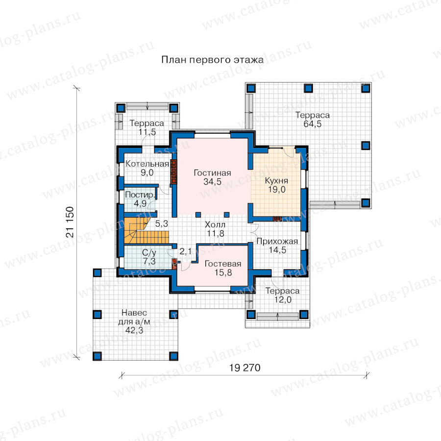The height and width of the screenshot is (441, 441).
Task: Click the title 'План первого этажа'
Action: click(212, 60)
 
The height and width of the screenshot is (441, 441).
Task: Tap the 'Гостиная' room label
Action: click(212, 172)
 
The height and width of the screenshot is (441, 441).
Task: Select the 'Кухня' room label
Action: click(276, 180)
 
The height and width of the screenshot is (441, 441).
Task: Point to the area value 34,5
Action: click(212, 182)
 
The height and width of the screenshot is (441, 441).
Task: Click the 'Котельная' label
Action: click(147, 164)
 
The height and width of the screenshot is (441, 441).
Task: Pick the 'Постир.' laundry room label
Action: click(140, 195)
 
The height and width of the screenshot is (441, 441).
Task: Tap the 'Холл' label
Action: click(215, 224)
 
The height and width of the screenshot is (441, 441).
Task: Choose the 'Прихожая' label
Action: click(277, 241)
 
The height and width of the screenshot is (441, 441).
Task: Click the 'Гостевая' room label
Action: click(223, 264)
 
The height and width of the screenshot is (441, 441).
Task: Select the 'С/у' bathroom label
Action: click(149, 252)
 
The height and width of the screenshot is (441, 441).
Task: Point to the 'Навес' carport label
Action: click(134, 313)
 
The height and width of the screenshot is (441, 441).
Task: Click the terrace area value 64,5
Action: click(313, 124)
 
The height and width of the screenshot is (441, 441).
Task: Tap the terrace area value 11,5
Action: click(147, 132)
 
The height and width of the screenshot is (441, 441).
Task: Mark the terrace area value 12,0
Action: click(283, 299)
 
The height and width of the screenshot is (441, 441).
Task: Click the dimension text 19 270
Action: click(245, 367)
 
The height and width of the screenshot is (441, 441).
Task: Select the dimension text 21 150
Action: click(70, 222)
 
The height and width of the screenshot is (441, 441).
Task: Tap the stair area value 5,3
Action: click(162, 223)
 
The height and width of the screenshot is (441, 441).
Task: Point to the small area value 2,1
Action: click(185, 251)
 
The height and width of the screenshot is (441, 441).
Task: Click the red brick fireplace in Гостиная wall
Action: click(173, 172)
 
